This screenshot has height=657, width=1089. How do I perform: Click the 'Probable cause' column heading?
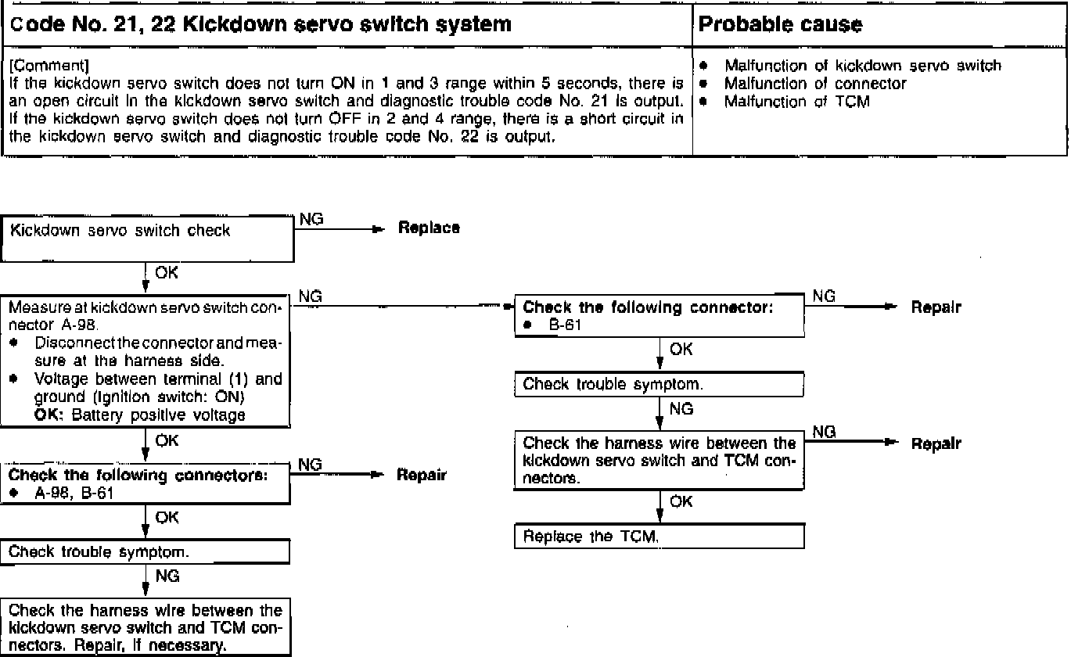[779, 25]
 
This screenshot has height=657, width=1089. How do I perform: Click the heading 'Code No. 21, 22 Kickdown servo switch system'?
[261, 24]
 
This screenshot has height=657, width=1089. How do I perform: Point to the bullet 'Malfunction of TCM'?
[797, 101]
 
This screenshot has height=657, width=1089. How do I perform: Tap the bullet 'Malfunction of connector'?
[815, 84]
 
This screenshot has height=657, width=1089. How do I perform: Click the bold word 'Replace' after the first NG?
[429, 228]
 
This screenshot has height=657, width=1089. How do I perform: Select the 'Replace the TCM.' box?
[659, 537]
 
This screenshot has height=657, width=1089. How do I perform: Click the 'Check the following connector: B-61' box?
[659, 316]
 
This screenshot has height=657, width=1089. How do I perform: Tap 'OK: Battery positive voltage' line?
[140, 415]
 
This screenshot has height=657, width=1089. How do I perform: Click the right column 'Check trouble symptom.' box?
[659, 384]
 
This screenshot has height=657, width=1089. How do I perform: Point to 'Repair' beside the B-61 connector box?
[936, 307]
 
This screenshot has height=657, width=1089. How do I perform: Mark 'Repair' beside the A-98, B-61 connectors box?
[421, 475]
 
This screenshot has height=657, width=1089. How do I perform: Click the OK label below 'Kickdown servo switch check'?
[167, 273]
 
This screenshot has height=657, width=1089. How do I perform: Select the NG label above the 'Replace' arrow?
[311, 219]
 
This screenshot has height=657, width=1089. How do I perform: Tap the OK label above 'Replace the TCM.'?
[681, 501]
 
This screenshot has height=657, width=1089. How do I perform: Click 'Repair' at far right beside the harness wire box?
[936, 443]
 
